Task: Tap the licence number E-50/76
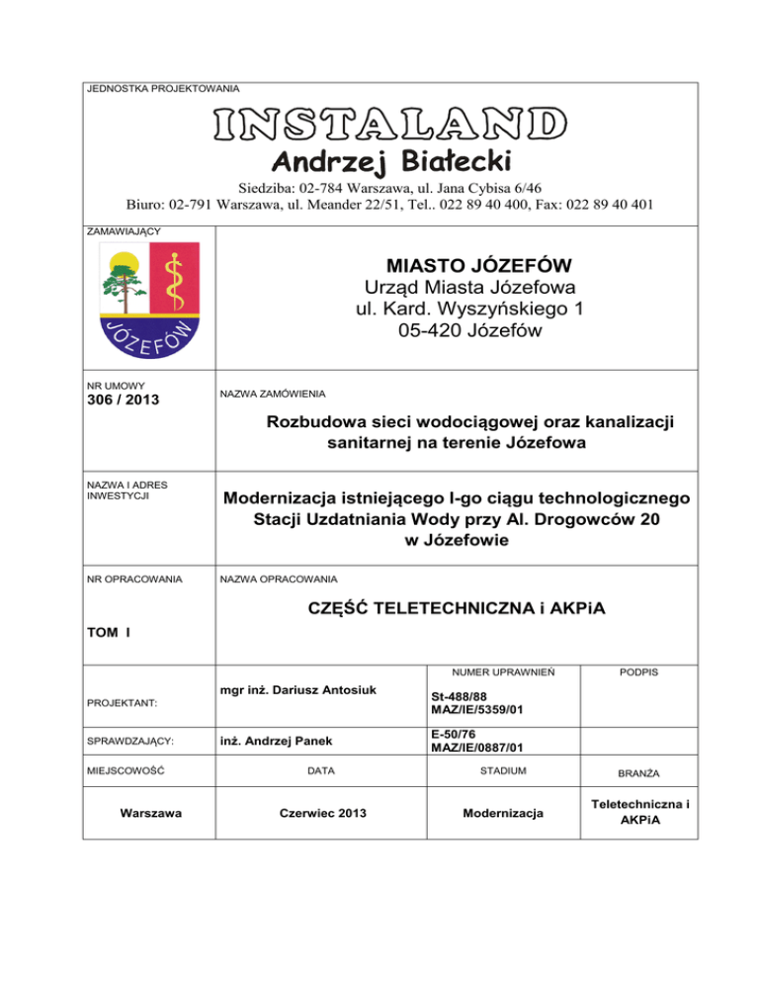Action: point(455,734)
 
